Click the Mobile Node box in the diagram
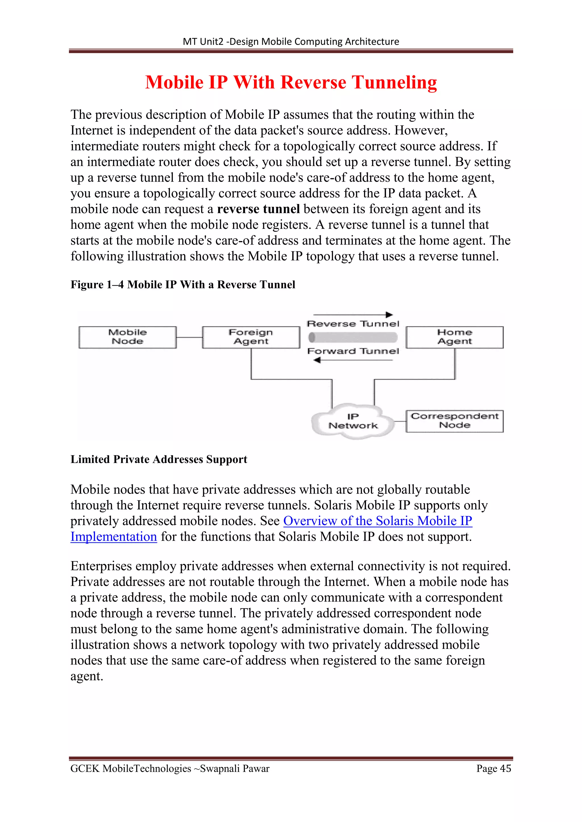[128, 337]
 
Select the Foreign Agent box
[251, 337]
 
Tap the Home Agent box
[454, 337]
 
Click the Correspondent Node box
[454, 421]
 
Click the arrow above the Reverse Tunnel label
[353, 315]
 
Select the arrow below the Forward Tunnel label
[353, 360]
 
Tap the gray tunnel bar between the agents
[353, 337]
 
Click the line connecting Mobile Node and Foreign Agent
[189, 337]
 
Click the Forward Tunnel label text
[353, 351]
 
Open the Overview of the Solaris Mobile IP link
[377, 521]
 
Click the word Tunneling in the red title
[394, 82]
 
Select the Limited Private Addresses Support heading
[159, 459]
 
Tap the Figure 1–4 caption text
[183, 285]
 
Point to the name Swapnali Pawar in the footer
[235, 768]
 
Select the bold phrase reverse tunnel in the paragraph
[258, 209]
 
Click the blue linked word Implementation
[114, 537]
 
